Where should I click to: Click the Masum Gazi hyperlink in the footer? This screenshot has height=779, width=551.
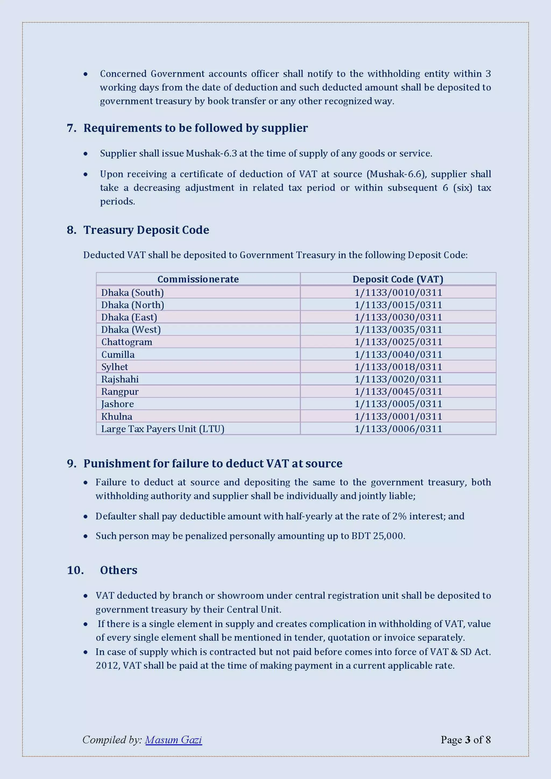click(173, 740)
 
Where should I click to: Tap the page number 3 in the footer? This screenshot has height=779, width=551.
click(468, 740)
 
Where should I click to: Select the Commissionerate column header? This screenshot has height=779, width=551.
click(198, 279)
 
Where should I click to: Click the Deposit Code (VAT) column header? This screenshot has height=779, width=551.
click(398, 279)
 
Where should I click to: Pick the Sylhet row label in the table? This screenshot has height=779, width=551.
click(114, 367)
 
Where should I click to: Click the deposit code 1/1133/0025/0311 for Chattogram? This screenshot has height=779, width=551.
click(398, 342)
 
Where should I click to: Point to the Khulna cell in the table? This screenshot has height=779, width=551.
click(116, 416)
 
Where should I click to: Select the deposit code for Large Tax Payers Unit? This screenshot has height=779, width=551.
click(398, 429)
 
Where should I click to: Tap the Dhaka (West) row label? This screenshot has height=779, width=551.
click(131, 329)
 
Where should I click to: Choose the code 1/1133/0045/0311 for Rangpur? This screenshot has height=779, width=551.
click(398, 392)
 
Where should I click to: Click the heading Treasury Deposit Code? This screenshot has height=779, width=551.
click(146, 230)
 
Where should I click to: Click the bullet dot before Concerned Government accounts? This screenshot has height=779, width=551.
click(86, 74)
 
